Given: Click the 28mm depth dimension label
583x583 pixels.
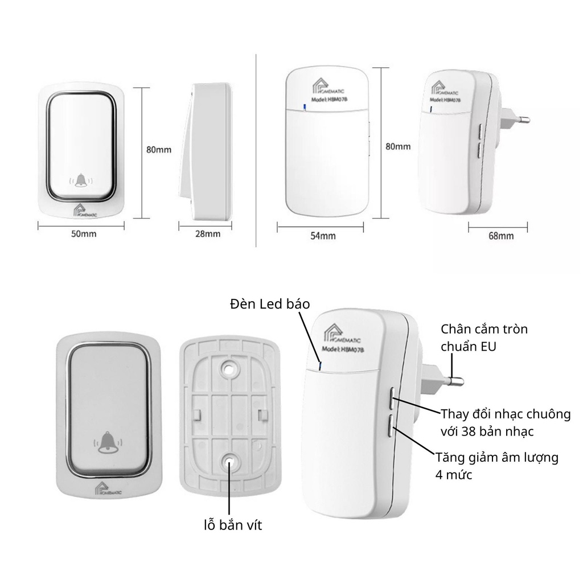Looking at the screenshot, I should coord(207,234).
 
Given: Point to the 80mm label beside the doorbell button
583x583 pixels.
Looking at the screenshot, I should coord(159,150).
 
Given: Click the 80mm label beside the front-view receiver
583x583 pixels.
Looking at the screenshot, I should coord(398,146).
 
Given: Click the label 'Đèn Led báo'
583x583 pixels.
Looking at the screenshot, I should coord(270,304).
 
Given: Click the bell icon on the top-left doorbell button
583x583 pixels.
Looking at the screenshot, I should coord(81,181).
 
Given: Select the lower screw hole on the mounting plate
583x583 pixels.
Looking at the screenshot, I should coord(229,462).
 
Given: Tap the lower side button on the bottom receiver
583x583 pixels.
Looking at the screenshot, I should coord(393,427).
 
